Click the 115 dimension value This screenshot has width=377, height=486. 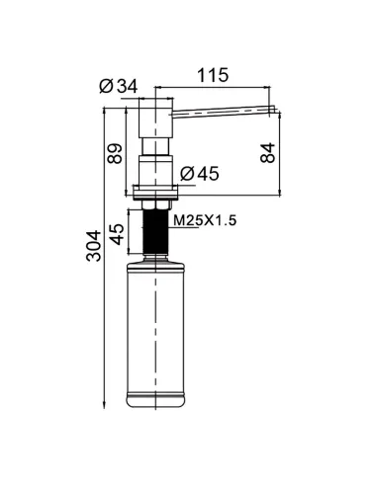coord(213,75)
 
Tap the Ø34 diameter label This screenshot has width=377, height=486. coord(119,86)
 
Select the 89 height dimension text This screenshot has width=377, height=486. coord(115,153)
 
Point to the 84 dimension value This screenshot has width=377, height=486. coord(267,153)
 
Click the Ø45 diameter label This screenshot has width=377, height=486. coord(200,174)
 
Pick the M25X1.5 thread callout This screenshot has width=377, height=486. coord(205,220)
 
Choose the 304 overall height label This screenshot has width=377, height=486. coord(94,246)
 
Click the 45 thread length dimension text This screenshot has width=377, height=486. coord(117,234)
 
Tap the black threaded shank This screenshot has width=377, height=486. coord(155,231)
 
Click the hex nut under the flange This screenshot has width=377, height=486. coord(156,204)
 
